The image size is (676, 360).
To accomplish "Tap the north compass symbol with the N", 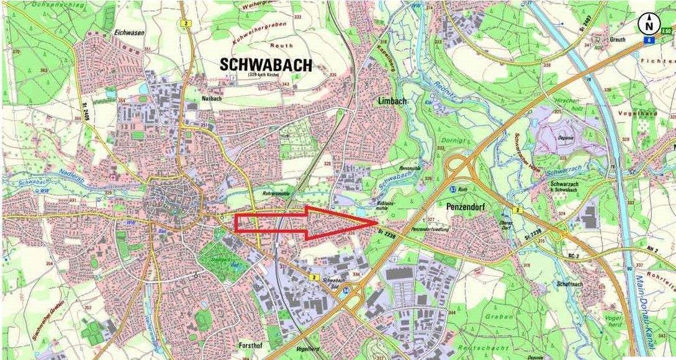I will [649, 25].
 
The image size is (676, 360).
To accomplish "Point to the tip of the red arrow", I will [378, 222].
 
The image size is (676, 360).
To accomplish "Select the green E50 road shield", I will [667, 30].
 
